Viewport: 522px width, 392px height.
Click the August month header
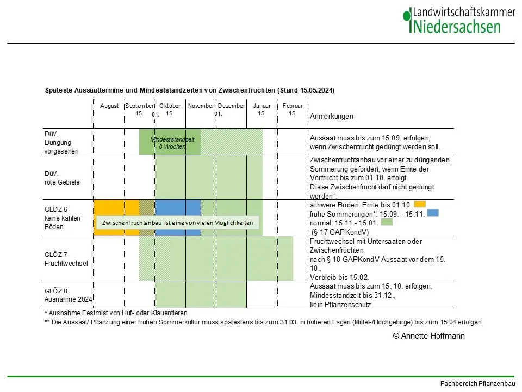[x=109, y=106]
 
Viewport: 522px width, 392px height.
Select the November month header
[x=201, y=106]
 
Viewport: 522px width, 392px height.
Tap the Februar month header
[x=293, y=106]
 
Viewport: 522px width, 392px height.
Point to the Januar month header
[x=262, y=106]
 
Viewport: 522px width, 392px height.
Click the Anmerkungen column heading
[x=332, y=117]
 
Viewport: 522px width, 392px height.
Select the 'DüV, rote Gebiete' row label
[x=62, y=178]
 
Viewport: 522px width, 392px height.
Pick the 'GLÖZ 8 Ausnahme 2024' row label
[x=69, y=295]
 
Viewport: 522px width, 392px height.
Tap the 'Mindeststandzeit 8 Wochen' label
[x=172, y=143]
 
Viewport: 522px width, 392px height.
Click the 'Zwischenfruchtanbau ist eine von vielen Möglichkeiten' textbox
[x=178, y=223]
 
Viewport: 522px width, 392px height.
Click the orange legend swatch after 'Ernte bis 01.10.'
[x=419, y=205]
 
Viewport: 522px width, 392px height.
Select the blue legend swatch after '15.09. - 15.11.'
[x=433, y=213]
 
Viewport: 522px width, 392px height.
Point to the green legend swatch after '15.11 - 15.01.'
[x=387, y=222]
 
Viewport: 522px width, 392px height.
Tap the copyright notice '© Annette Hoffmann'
[x=428, y=336]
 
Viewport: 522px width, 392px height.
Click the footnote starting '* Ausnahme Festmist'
[x=115, y=313]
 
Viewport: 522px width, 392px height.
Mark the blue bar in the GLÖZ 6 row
[x=178, y=210]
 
